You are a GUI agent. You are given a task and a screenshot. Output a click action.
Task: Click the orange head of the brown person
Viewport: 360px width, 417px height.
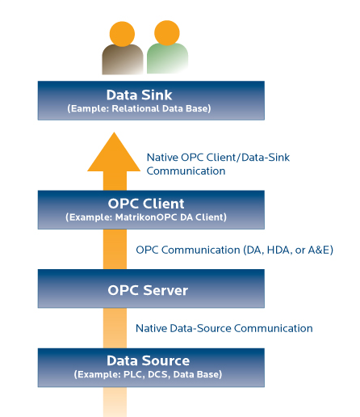coord(122,34)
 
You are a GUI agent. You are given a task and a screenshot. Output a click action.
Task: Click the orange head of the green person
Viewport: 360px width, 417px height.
coord(167,33)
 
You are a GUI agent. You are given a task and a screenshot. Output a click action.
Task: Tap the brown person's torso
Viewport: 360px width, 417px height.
coord(123,60)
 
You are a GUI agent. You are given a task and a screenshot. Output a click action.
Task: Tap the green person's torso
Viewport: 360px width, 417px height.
coord(167,58)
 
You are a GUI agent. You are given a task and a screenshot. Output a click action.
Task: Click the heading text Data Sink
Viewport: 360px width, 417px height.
coord(139,95)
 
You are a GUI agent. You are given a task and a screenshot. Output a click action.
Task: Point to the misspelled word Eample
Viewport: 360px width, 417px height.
coord(89,108)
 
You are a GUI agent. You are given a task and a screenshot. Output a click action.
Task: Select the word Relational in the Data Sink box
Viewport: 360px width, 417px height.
coord(136,108)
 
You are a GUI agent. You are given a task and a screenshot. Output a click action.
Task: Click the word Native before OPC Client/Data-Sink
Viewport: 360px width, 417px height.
coord(162,158)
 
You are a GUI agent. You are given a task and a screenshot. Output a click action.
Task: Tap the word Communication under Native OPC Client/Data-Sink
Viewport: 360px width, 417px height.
coord(186,171)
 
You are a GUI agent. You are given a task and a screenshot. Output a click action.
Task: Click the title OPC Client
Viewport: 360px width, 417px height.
coord(146,204)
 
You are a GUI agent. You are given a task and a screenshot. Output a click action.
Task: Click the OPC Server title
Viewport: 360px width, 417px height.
coord(148,290)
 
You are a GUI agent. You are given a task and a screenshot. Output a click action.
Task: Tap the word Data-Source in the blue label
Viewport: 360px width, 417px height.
coord(200,328)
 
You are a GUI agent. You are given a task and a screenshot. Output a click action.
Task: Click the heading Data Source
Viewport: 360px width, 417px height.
coord(149,360)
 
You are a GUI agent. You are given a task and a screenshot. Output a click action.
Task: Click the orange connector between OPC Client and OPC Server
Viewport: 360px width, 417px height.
coord(115,249)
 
